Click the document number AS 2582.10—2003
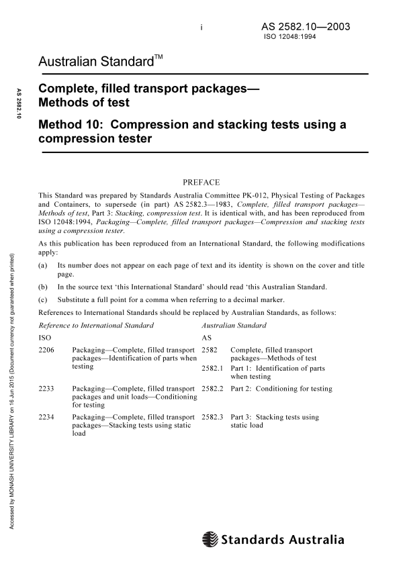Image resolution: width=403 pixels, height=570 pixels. click(306, 28)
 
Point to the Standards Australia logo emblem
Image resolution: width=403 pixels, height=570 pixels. click(210, 539)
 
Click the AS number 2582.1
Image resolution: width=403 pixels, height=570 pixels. click(212, 369)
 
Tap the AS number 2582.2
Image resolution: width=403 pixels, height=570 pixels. click(212, 389)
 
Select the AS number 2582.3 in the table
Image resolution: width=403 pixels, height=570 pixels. click(212, 417)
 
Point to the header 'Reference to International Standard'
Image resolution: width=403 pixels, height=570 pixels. click(97, 326)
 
